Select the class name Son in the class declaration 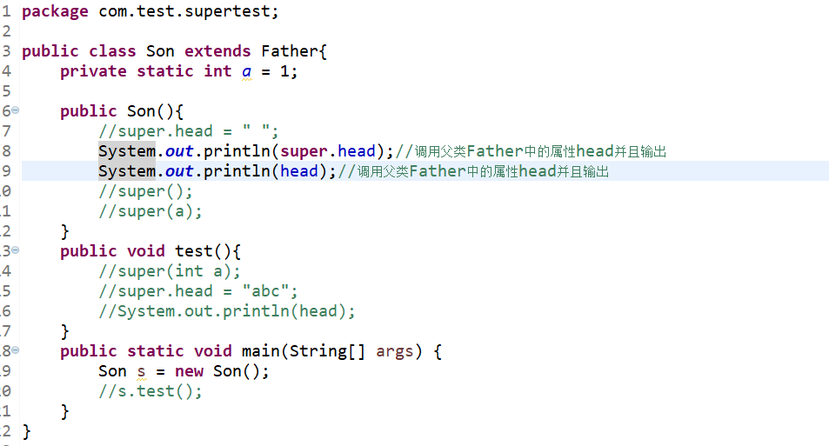coord(160,51)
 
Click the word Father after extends coord(290,51)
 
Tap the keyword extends coord(217,51)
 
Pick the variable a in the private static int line coord(246,71)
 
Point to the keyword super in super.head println coord(304,151)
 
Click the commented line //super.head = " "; coord(189,131)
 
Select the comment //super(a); coord(150,211)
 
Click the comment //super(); coord(146,191)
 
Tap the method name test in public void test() coord(193,251)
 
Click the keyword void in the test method coord(146,251)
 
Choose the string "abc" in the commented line coord(270,291)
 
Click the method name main coord(260,351)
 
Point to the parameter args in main coord(394,351)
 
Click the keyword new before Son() coord(189,371)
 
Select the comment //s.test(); coord(150,391)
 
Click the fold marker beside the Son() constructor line coord(16,111)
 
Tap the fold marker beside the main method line coord(16,351)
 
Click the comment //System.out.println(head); coord(227,311)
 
